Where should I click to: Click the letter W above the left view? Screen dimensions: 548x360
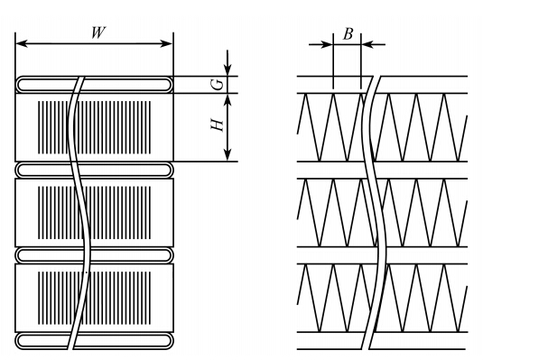tap(98, 32)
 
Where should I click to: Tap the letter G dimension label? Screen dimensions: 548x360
tap(218, 85)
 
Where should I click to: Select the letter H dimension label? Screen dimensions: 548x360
tap(217, 125)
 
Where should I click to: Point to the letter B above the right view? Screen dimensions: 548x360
tap(348, 34)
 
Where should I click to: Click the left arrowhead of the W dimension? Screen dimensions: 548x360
tap(22, 43)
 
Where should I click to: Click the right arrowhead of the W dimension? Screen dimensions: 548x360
tap(166, 43)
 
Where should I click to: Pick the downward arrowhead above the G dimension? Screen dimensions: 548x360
tap(228, 69)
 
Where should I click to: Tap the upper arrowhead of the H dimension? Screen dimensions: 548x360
tap(228, 100)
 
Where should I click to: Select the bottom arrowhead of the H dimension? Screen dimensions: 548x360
tap(228, 155)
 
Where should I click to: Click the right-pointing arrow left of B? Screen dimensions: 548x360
tap(320, 44)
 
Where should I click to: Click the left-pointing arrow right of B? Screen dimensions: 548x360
tap(373, 44)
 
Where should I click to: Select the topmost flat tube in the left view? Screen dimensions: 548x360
tap(95, 85)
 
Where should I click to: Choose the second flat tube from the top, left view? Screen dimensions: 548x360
tap(95, 170)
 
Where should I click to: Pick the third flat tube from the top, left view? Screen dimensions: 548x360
tap(95, 255)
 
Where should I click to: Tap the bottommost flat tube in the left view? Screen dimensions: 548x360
tap(95, 341)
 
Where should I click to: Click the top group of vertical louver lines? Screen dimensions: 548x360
tap(95, 127)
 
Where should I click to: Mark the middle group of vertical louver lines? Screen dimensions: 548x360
tap(95, 213)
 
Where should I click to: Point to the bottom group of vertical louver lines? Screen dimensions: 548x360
tap(95, 298)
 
